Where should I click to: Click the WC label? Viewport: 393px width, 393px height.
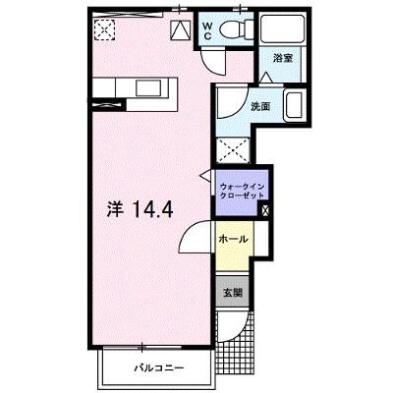click(207, 30)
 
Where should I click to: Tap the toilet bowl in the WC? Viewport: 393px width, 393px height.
click(234, 28)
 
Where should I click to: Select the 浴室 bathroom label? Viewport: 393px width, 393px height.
click(283, 58)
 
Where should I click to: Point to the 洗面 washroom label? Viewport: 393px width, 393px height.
click(260, 106)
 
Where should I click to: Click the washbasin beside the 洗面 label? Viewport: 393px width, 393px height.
click(295, 105)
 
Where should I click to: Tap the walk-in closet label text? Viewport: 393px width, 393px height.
click(242, 191)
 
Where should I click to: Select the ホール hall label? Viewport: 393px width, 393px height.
click(233, 239)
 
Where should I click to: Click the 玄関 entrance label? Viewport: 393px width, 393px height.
click(233, 292)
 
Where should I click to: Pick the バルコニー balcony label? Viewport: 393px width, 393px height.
click(158, 367)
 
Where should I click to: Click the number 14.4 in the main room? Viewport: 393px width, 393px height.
click(152, 209)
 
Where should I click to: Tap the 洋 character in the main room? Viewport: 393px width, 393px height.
click(115, 209)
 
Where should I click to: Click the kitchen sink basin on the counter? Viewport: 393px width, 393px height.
click(148, 87)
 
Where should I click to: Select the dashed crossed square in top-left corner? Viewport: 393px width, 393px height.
click(105, 29)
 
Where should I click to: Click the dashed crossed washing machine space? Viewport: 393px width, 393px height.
click(233, 150)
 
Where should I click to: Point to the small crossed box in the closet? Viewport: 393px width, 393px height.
click(265, 210)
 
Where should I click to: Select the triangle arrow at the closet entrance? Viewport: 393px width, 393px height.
click(206, 175)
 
